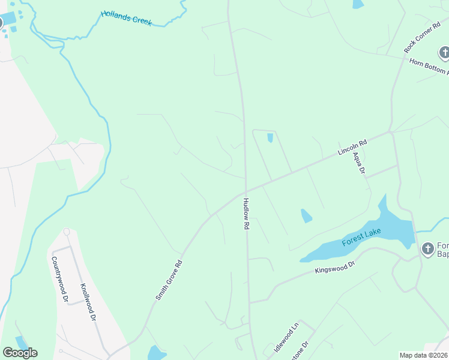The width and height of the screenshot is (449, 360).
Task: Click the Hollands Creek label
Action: [126, 18]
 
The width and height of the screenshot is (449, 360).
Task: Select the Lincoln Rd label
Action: [352, 148]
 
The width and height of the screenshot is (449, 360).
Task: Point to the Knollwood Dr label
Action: [91, 301]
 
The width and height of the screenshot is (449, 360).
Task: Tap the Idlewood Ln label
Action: [286, 338]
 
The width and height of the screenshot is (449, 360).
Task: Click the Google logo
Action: [20, 353]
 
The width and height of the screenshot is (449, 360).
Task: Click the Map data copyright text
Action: [423, 355]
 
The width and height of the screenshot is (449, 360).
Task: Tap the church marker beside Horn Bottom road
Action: [444, 53]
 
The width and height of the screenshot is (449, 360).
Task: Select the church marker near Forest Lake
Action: [427, 248]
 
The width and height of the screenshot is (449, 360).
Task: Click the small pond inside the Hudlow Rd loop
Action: [270, 138]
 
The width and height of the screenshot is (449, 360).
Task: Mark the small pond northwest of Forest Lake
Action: [306, 215]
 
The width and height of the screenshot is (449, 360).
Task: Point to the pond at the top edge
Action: [358, 4]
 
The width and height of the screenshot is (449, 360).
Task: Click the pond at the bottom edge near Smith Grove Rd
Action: [156, 353]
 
